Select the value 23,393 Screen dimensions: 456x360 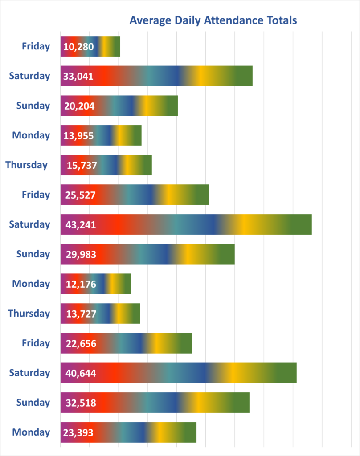[78, 432]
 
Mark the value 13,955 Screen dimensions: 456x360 [78, 135]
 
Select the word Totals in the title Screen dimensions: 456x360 [281, 20]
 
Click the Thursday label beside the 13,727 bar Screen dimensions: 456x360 [29, 313]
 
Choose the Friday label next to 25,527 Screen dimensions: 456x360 [36, 195]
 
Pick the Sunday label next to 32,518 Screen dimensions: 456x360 [33, 403]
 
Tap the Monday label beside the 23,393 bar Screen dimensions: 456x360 [31, 432]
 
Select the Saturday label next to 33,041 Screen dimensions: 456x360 [29, 76]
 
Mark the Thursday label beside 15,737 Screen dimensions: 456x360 [26, 165]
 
